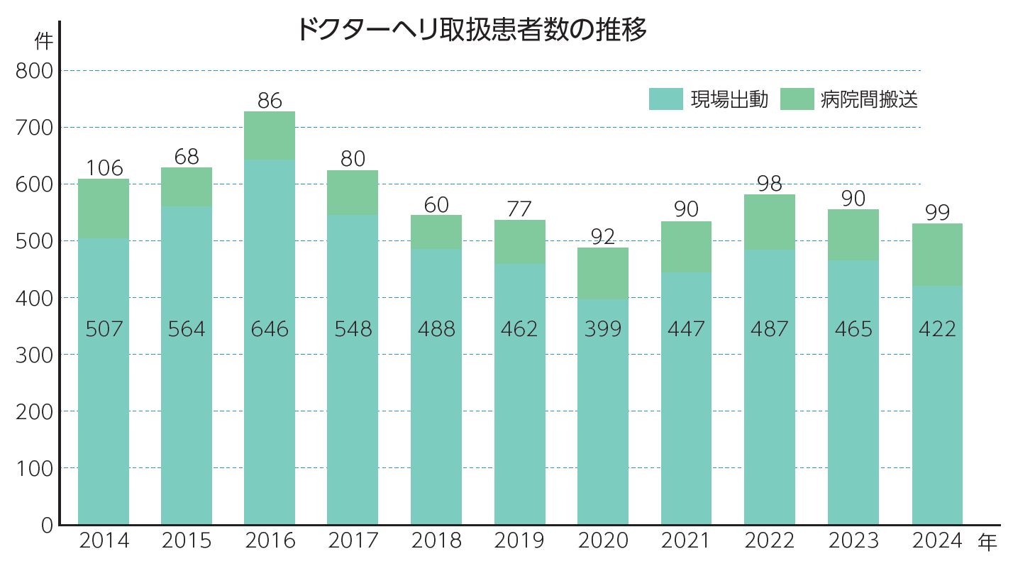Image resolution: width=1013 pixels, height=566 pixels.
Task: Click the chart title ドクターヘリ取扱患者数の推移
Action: (471, 30)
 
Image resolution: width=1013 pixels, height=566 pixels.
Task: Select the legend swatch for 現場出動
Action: (665, 99)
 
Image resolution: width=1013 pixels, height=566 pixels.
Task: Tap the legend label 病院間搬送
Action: (869, 99)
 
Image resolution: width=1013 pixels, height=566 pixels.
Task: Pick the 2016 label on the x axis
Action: (270, 541)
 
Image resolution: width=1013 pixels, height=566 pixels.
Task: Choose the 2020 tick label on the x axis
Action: (603, 541)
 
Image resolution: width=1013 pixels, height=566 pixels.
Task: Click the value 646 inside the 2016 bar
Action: (270, 329)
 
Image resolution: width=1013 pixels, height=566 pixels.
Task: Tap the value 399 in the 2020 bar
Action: (603, 329)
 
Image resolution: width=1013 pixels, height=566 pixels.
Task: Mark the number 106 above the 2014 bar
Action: (104, 168)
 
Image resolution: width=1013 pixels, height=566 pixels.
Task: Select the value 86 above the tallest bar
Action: (270, 101)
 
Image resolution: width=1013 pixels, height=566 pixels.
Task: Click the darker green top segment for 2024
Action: (937, 255)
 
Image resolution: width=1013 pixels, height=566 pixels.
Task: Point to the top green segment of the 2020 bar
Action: (603, 273)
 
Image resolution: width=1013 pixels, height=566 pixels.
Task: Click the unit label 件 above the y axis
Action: (44, 42)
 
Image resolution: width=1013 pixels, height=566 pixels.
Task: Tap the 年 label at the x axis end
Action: (987, 543)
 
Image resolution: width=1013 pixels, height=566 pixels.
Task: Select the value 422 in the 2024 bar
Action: (937, 329)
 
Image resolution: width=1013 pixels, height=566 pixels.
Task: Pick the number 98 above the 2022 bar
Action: (770, 184)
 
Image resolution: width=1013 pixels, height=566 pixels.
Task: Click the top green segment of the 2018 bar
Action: (436, 232)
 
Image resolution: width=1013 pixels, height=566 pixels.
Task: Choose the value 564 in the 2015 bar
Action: (187, 329)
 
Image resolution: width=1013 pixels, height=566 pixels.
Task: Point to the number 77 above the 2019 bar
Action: (520, 210)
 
